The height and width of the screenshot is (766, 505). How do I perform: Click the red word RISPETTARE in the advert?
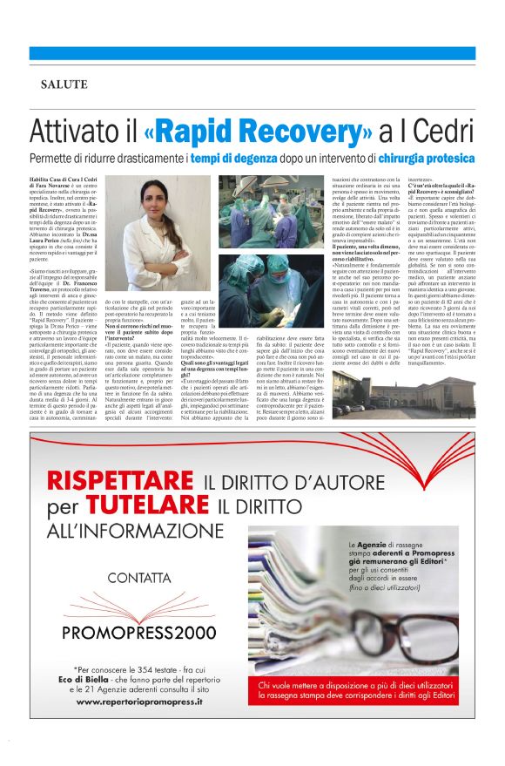point(122,479)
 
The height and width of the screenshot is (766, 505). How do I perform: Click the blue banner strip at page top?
point(252,53)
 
